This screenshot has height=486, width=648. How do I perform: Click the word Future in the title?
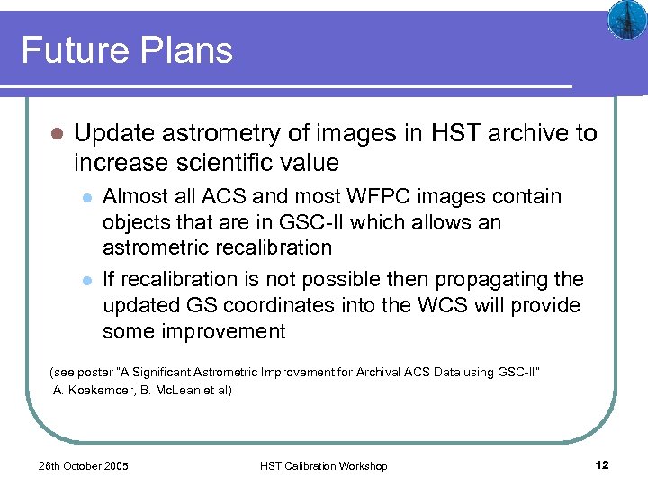point(75,50)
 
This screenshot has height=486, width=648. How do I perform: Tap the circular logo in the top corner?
point(623,20)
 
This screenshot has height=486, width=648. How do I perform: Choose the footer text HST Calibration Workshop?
point(323,465)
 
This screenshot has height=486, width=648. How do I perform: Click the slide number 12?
point(602,464)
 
